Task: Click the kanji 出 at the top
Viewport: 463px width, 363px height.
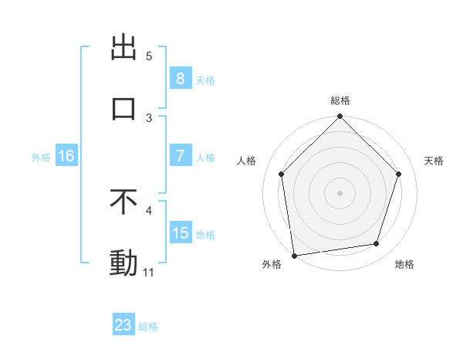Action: point(123,48)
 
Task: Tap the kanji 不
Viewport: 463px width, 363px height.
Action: point(123,202)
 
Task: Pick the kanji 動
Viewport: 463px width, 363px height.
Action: point(123,263)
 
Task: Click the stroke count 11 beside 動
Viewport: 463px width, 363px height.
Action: point(149,272)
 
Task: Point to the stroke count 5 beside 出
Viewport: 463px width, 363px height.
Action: point(149,56)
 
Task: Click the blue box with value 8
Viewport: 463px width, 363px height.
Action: point(180,78)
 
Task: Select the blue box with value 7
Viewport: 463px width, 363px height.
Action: point(180,156)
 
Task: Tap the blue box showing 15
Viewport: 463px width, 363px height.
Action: point(180,233)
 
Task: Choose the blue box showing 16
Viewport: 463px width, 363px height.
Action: point(66,156)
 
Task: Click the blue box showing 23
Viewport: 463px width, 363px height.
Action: point(123,325)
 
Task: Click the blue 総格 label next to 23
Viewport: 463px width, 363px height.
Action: point(148,327)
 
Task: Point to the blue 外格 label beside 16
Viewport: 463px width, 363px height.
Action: point(41,157)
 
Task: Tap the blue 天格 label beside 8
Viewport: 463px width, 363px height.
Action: point(205,80)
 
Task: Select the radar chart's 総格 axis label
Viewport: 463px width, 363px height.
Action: point(340,100)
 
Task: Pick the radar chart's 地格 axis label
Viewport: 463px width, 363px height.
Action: point(404,264)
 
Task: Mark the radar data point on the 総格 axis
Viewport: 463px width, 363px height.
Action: point(340,117)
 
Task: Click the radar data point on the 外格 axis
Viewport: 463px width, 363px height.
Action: point(294,255)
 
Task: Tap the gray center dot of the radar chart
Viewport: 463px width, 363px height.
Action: point(340,192)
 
